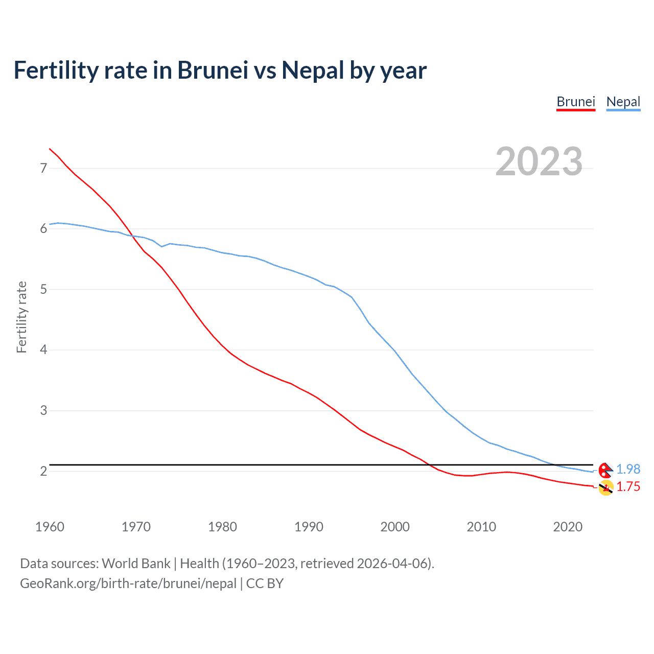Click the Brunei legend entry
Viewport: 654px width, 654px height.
coord(576,102)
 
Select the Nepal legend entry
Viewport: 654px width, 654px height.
coord(623,102)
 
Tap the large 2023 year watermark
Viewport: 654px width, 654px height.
coord(539,161)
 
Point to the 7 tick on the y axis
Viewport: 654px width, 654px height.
coord(43,168)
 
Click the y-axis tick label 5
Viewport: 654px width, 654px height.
coord(43,290)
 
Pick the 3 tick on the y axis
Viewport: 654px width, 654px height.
coord(43,411)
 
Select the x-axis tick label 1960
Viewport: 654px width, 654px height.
coord(50,527)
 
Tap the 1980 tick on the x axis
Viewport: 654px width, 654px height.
coord(222,527)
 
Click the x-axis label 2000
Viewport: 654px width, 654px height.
coord(395,527)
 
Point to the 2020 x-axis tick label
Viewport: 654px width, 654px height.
coord(568,527)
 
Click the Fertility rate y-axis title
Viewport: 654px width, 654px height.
coord(21,317)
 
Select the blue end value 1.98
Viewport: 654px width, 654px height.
coord(628,469)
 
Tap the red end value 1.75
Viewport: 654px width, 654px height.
coord(628,487)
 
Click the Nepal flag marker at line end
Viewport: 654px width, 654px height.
coord(605,470)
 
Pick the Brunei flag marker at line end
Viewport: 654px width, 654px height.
coord(606,488)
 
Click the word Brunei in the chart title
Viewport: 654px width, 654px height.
coord(213,70)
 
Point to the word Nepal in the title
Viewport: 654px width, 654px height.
coord(313,70)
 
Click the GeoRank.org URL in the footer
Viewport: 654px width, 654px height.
coord(128,583)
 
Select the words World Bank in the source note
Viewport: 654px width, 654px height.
coord(136,564)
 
